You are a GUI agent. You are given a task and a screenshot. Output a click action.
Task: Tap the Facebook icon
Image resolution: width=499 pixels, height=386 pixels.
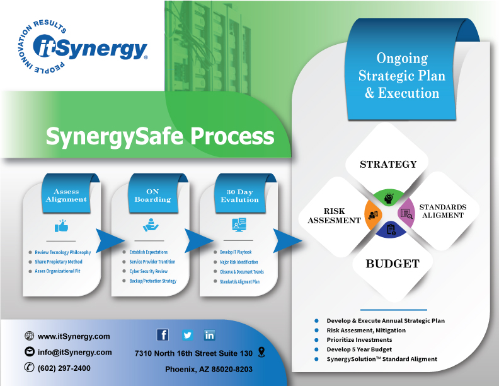[x=163, y=335]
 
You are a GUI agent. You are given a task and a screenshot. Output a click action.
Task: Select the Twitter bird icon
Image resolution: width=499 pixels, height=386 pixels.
[x=187, y=335]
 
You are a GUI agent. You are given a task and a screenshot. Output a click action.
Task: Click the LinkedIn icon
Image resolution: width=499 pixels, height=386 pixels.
[x=209, y=335]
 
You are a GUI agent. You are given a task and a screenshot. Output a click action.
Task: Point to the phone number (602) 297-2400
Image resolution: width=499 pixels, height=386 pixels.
[x=64, y=368]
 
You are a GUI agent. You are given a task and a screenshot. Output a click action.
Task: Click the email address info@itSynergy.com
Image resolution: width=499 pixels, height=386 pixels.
[x=74, y=352]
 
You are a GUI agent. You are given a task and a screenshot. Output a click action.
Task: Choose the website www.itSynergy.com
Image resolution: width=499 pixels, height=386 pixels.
[x=74, y=336]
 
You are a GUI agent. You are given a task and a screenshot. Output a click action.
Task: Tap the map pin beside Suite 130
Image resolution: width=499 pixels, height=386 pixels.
[x=261, y=352]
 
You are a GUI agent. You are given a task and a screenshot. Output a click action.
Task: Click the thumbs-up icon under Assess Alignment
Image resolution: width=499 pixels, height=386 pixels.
[x=61, y=225]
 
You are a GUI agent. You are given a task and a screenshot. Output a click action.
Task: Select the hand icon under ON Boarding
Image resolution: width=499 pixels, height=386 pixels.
[x=149, y=225]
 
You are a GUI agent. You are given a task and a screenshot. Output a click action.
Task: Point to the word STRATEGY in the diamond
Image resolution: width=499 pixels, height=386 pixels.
[x=388, y=164]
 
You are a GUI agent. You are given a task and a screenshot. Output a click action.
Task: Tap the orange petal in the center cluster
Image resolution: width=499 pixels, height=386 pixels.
[x=374, y=214]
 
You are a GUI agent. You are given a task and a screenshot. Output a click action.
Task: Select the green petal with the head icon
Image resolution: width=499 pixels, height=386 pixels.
[x=389, y=198]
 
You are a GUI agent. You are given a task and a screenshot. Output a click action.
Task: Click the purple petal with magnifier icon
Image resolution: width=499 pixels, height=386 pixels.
[x=406, y=214]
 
